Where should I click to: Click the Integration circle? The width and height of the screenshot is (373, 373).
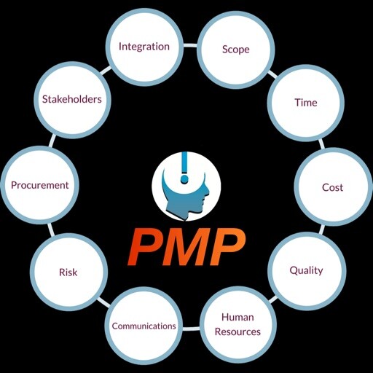pos(145,47)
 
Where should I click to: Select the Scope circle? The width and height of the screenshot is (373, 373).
pos(236,50)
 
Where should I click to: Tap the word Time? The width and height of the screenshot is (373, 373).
pos(306,103)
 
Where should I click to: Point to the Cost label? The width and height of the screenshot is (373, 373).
pos(332,187)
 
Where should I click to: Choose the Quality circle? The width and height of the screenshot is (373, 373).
pos(307,271)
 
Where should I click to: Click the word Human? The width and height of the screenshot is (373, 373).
pos(237,317)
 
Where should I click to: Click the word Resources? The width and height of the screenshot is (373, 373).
pos(237,331)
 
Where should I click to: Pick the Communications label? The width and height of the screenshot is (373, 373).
pos(144,326)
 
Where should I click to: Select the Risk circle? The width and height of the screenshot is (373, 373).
pos(68,272)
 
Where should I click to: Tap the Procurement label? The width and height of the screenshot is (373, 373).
pos(40,185)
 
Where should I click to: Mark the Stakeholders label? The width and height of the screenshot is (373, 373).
pos(72,99)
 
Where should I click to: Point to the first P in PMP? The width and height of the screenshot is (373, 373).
pos(144,248)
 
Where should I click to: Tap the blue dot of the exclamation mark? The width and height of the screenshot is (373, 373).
pos(184,179)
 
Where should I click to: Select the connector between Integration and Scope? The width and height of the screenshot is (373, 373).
pos(190,45)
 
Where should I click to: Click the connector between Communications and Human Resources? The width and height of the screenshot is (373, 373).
pos(191,329)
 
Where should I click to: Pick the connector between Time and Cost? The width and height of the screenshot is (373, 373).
pos(321,144)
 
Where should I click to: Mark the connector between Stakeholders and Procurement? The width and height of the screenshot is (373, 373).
pos(52,141)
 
